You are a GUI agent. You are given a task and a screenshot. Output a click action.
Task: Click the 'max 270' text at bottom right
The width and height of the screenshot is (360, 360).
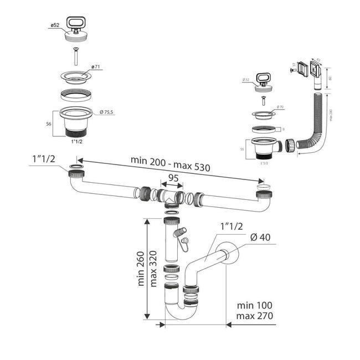coord(254,316)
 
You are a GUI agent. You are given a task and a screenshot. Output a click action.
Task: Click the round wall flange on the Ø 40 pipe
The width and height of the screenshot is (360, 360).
coord(229,256)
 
